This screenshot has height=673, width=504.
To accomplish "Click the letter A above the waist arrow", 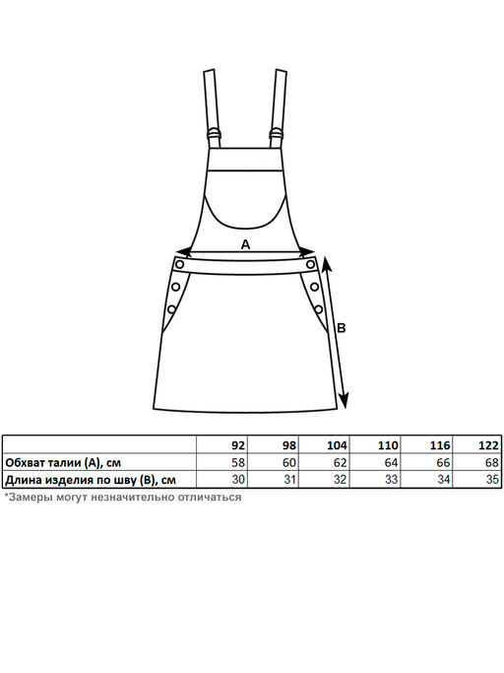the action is [x=245, y=244].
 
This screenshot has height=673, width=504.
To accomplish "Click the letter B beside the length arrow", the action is [x=341, y=328].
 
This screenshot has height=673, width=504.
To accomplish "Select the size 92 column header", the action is [x=238, y=445].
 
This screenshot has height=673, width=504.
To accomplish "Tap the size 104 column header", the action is [x=337, y=445].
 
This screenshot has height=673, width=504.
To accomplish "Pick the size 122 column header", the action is [x=488, y=445].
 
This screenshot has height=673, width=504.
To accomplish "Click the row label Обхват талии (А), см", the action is [x=63, y=463].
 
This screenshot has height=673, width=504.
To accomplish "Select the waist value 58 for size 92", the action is [x=238, y=462].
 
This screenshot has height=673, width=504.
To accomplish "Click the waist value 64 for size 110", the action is [x=391, y=462].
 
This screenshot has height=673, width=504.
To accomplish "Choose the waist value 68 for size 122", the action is [x=492, y=462].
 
